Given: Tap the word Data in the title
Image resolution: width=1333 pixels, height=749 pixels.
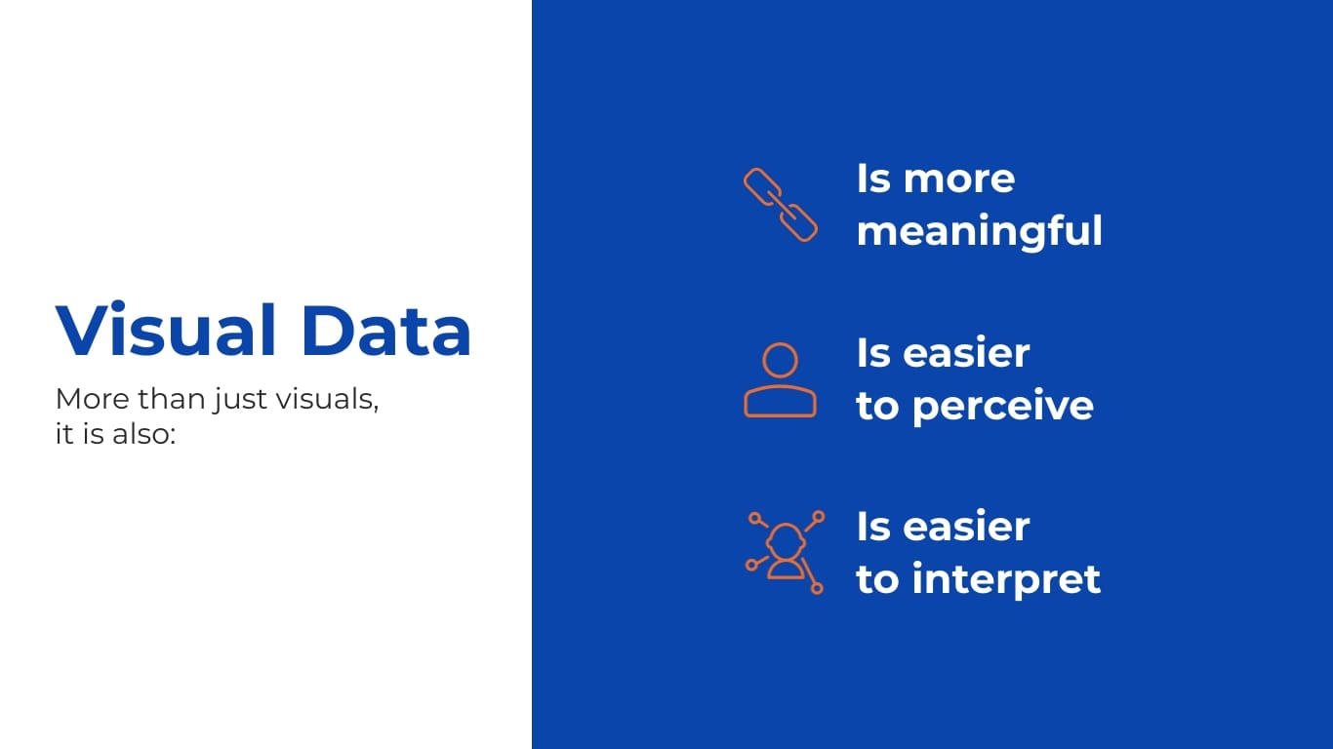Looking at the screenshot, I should pyautogui.click(x=386, y=331).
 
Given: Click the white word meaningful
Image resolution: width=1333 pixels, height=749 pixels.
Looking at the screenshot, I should pyautogui.click(x=979, y=231).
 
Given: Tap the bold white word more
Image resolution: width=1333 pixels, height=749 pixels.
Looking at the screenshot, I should pyautogui.click(x=959, y=179).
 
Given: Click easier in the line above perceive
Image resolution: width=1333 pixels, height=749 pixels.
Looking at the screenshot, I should pyautogui.click(x=966, y=353).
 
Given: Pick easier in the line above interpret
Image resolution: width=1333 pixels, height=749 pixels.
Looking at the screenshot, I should pyautogui.click(x=966, y=527).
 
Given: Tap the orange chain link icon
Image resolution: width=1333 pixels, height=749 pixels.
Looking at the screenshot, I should pyautogui.click(x=780, y=205).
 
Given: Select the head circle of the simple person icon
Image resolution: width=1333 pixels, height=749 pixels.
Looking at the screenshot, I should pyautogui.click(x=780, y=360).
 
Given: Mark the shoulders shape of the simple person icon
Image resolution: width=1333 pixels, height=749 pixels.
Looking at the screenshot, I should pyautogui.click(x=780, y=401).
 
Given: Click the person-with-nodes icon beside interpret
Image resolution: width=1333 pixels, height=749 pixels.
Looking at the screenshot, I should pyautogui.click(x=785, y=552).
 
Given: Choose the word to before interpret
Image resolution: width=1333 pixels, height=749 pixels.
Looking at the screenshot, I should pyautogui.click(x=877, y=579).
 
